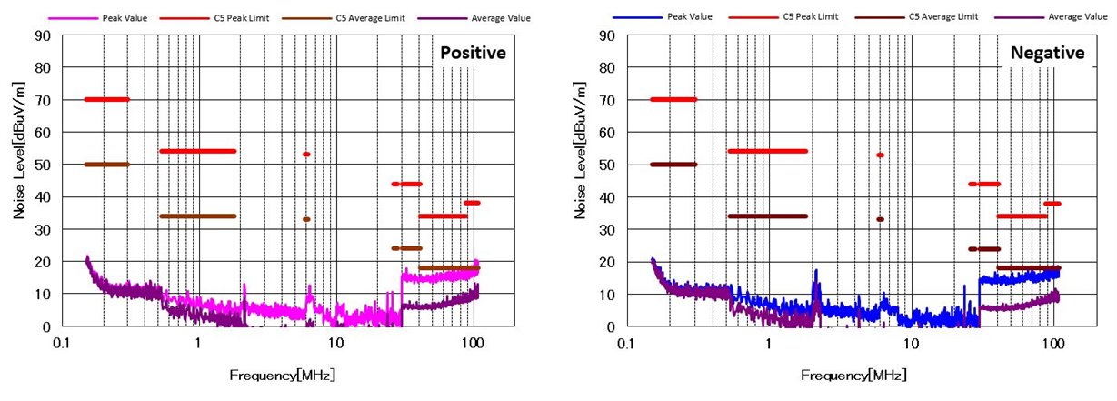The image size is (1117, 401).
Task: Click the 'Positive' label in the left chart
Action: [473, 54]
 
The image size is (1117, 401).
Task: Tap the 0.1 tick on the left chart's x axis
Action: [62, 345]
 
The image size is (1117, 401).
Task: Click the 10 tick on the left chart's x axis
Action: [335, 345]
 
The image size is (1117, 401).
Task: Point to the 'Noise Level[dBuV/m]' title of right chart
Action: [580, 150]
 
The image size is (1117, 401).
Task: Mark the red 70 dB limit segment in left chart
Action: [106, 99]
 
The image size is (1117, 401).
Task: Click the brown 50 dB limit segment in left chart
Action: [106, 165]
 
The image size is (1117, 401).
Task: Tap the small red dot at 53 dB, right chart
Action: [880, 155]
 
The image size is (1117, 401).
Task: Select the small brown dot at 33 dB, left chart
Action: [306, 219]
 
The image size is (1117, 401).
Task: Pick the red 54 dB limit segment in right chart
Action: [767, 151]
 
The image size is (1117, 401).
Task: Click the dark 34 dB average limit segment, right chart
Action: [767, 216]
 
